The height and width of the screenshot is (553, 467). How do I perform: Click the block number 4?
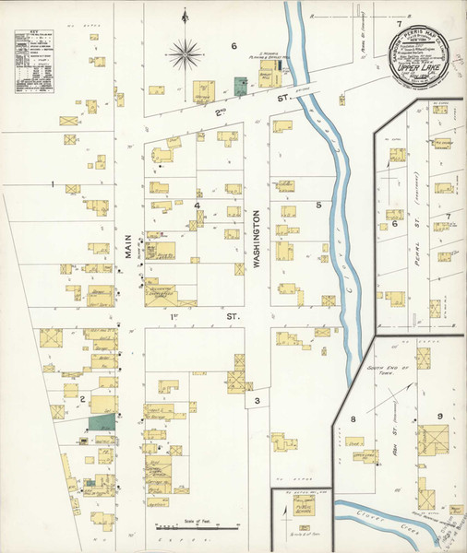197,205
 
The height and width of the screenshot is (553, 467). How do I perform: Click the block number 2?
82,399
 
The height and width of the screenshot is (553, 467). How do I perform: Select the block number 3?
257,399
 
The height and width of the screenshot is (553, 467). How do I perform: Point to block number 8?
353,419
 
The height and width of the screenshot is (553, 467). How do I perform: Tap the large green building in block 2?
103,419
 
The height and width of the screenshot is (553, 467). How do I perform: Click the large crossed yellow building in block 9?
435,440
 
